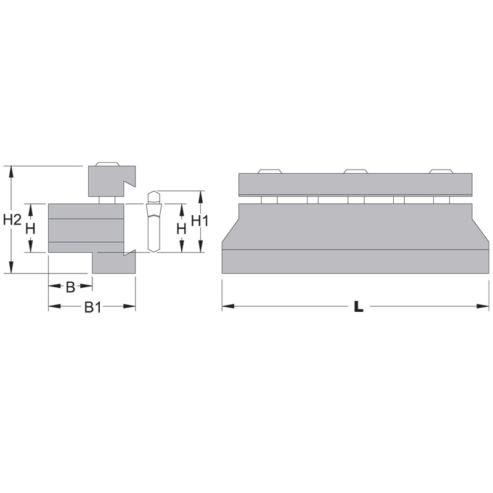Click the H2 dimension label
pyautogui.click(x=12, y=220)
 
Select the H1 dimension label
pyautogui.click(x=200, y=221)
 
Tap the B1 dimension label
pyautogui.click(x=93, y=307)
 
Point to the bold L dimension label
pyautogui.click(x=359, y=306)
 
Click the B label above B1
pyautogui.click(x=71, y=287)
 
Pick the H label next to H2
pyautogui.click(x=30, y=229)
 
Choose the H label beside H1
pyautogui.click(x=181, y=229)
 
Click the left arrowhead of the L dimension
pyautogui.click(x=228, y=306)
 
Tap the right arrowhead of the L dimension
pyautogui.click(x=483, y=306)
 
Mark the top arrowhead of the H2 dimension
pyautogui.click(x=11, y=172)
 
